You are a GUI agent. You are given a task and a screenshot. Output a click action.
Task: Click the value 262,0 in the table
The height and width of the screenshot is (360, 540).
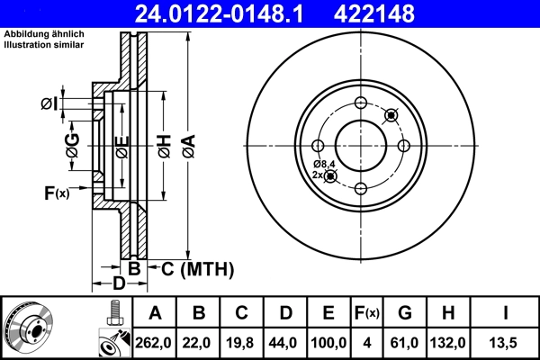click(155, 343)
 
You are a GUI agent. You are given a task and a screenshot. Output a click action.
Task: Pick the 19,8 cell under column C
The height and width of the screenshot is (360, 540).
click(241, 343)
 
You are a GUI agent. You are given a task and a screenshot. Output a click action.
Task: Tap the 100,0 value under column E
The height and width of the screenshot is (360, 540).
click(328, 343)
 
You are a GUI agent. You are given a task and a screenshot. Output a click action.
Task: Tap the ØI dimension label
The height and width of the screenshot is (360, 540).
click(49, 104)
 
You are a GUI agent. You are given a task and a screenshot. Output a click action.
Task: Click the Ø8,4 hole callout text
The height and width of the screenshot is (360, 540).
click(324, 163)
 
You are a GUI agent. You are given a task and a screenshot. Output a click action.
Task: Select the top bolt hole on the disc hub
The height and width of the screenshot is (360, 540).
click(361, 102)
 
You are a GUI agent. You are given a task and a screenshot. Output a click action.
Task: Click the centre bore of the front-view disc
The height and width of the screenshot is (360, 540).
click(361, 145)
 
